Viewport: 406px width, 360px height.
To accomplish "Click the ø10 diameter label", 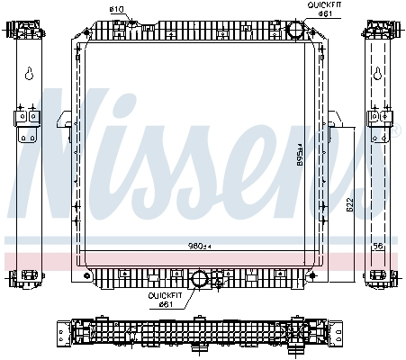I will click(x=116, y=9).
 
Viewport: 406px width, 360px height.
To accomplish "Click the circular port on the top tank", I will click(x=296, y=29).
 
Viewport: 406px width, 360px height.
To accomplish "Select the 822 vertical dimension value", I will click(x=347, y=207).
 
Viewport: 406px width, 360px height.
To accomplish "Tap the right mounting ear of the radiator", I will click(x=333, y=119).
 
